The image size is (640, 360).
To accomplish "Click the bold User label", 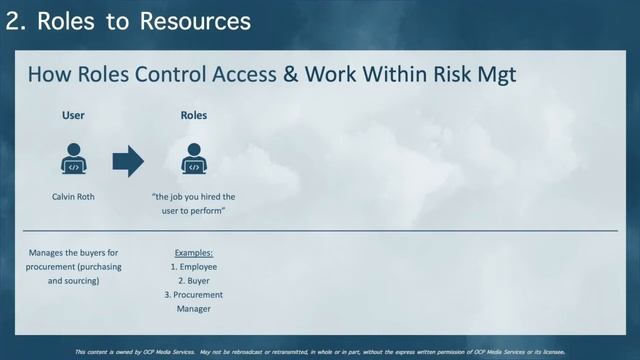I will (73, 115).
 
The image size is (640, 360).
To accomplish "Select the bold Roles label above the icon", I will (194, 115).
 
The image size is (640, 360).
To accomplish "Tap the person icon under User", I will (73, 160).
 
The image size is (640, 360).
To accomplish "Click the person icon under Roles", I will (194, 160).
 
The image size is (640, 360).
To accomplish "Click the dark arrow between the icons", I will (128, 161).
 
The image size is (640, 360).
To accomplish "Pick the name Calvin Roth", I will (73, 197).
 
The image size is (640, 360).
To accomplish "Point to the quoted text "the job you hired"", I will (194, 197).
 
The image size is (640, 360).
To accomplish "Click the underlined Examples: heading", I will (194, 253).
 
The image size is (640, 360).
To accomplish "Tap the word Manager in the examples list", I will (194, 309).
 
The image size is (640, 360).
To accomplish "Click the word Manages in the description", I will (48, 253).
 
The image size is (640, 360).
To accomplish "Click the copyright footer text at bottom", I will (320, 352).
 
